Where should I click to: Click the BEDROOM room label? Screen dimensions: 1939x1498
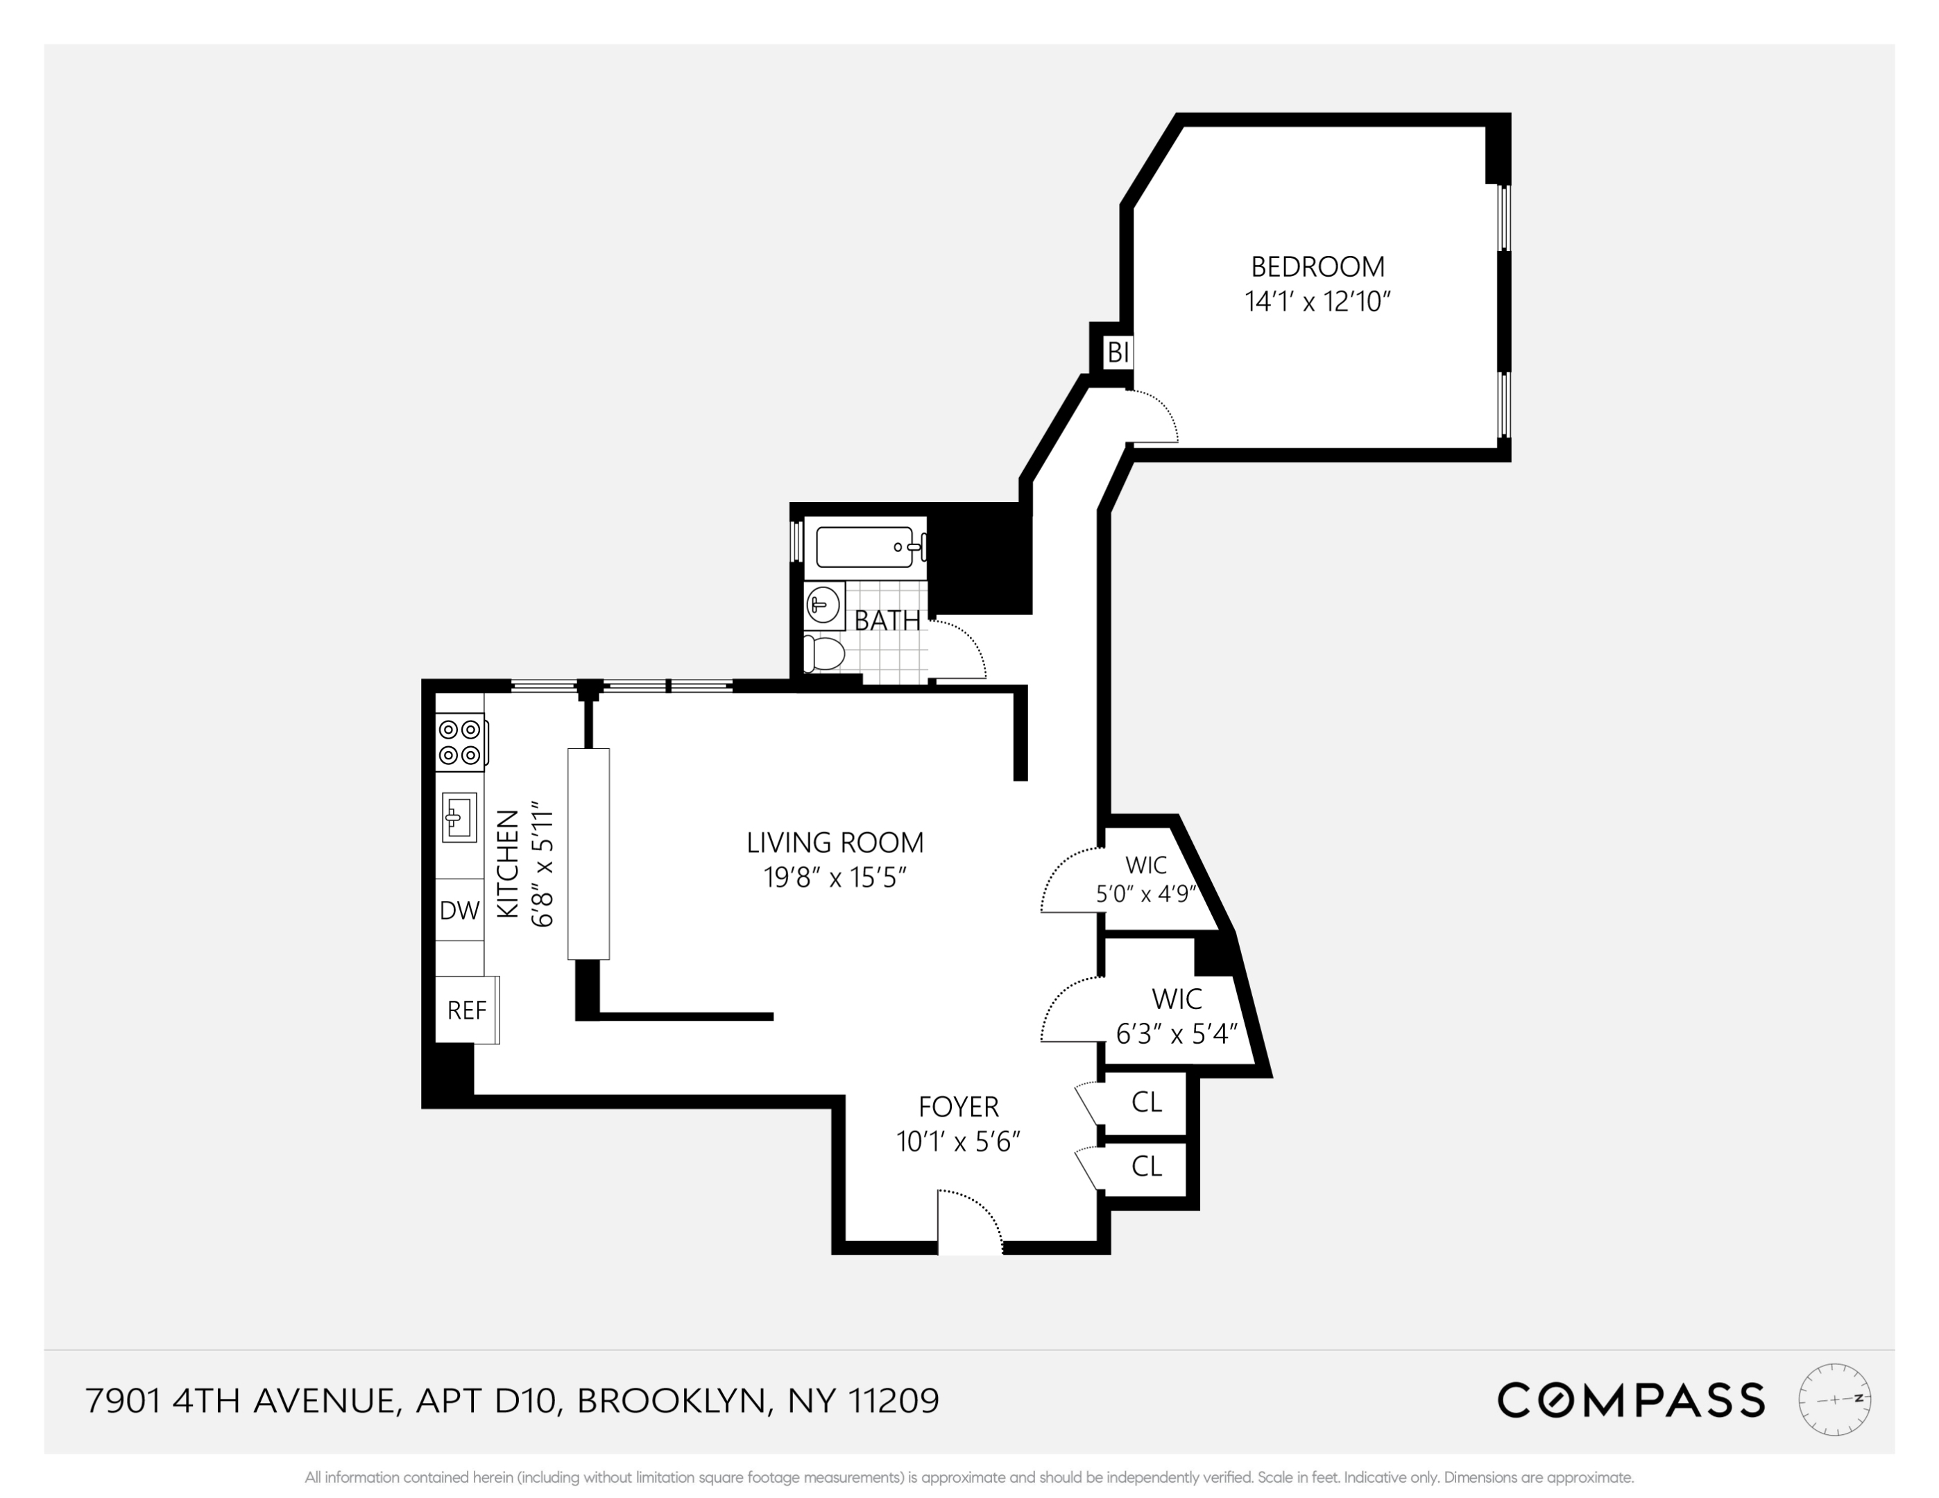(1317, 266)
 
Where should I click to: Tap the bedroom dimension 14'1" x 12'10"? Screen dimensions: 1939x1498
(1317, 302)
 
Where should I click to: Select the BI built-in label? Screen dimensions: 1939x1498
(1118, 353)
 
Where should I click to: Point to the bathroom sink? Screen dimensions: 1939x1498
(824, 605)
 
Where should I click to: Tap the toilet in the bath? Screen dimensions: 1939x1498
(824, 655)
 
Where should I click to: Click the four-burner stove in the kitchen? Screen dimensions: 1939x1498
(460, 742)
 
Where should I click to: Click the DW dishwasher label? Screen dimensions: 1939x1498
(460, 910)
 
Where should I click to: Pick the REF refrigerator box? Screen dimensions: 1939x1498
(467, 1010)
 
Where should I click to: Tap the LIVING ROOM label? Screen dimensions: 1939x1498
(835, 842)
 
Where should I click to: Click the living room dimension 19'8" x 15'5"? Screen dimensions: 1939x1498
(835, 878)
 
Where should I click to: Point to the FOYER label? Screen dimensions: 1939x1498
(959, 1107)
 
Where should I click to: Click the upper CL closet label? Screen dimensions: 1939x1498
(1146, 1102)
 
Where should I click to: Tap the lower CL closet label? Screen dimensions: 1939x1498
(1146, 1166)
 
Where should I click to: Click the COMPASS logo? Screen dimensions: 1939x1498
(1631, 1400)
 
